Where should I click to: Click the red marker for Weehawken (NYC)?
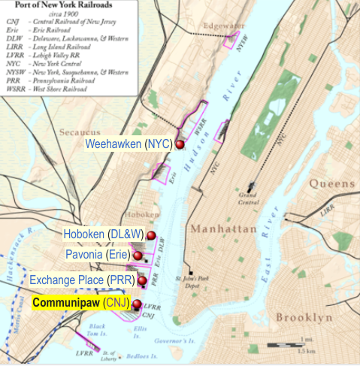click(180, 144)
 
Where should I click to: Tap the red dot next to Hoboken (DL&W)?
click(150, 236)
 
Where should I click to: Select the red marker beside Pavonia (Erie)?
click(138, 256)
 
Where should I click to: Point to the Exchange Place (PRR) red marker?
click(142, 280)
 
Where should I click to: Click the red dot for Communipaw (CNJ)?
click(136, 304)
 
